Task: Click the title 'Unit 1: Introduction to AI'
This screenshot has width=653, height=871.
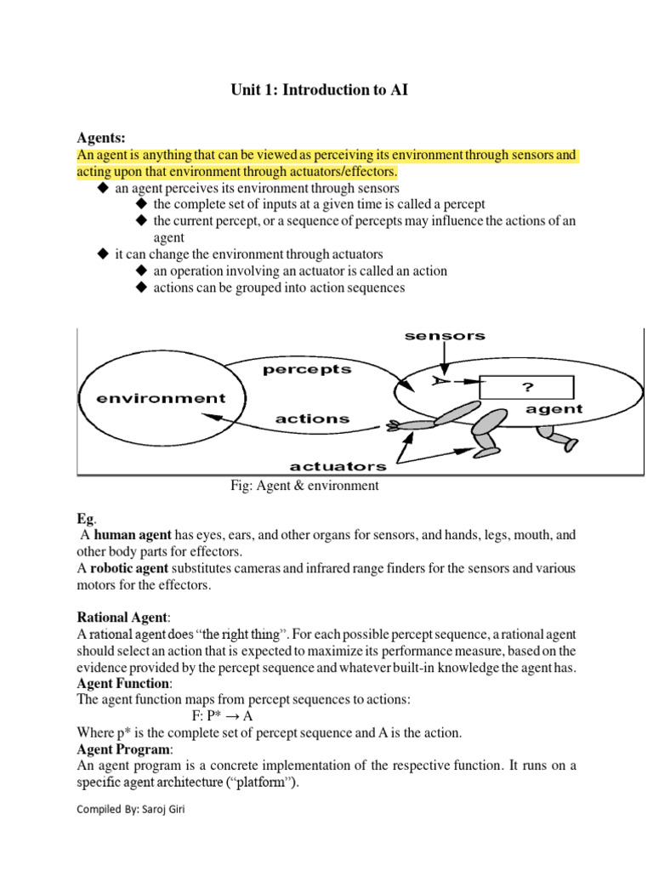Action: click(320, 89)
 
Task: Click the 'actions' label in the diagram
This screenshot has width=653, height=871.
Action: click(312, 418)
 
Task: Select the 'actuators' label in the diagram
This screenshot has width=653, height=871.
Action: click(338, 465)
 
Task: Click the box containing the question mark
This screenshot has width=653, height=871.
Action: click(527, 387)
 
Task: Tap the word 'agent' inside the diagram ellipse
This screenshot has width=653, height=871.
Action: click(554, 409)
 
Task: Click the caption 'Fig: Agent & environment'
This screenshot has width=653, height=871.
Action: click(304, 486)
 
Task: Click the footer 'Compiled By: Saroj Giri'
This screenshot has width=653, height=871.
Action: click(131, 810)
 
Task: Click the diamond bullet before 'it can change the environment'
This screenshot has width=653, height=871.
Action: click(103, 254)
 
